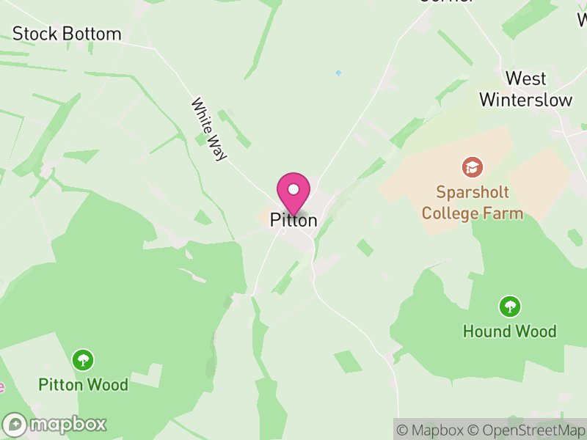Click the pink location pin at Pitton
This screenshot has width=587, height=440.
(293, 193)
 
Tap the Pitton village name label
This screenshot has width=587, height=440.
(293, 219)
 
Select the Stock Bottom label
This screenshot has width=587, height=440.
(67, 34)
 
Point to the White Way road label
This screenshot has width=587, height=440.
(208, 129)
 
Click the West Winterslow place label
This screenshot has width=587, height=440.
(526, 89)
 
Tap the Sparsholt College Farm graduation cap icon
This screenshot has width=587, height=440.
(473, 167)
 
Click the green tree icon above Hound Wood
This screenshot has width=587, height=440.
(509, 307)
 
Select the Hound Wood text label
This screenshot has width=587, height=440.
(509, 331)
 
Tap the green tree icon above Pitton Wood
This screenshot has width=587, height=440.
(84, 360)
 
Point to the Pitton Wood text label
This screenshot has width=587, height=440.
(84, 385)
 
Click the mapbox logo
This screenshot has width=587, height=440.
(56, 424)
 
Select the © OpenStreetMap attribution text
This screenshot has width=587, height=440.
(526, 430)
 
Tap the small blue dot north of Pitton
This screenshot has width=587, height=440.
(338, 73)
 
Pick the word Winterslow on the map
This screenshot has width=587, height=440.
(526, 100)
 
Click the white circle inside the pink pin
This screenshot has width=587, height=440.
(293, 188)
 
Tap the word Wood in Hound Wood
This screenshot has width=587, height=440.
(535, 331)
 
